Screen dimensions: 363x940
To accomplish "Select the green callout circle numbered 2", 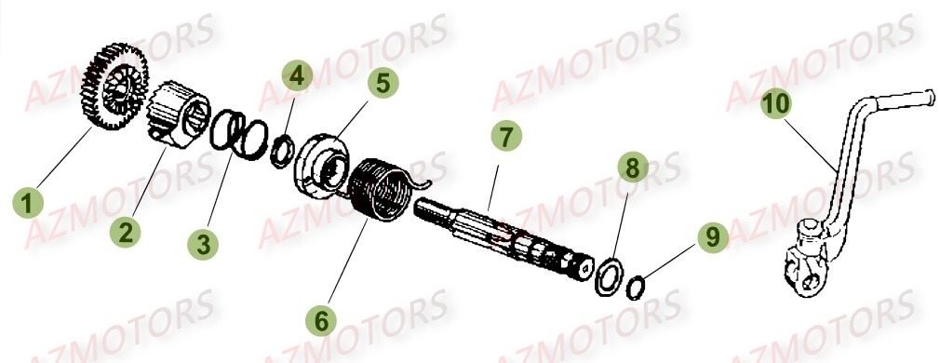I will (126, 230).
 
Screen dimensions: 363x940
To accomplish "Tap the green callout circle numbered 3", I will (204, 243).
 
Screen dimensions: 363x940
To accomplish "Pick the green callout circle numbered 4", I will (296, 75).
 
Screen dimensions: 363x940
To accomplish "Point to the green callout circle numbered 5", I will (382, 82).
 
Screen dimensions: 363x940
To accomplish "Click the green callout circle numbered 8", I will (632, 168).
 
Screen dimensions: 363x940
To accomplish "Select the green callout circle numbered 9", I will (712, 237).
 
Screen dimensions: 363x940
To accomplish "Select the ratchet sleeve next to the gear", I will (177, 115).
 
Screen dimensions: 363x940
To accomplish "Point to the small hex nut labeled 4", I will (279, 151).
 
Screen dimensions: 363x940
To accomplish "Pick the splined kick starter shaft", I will (503, 233).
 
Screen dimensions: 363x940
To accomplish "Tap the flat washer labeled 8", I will (610, 276).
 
